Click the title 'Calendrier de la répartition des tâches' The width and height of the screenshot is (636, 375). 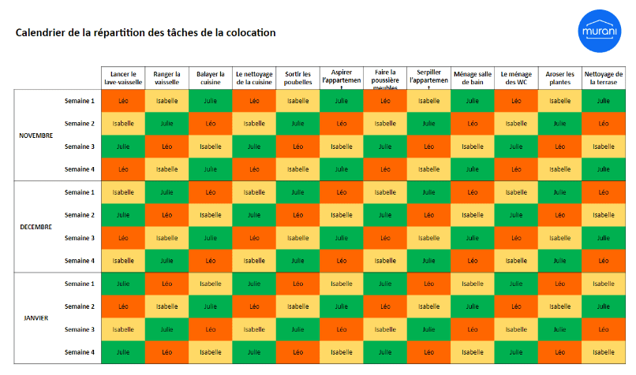[x=146, y=33]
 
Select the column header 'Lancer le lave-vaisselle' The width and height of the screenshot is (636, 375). [x=123, y=78]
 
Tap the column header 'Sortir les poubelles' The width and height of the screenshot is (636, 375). [x=297, y=78]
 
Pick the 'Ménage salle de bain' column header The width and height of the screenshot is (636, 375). [x=472, y=78]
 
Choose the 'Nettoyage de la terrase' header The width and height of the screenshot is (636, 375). [x=604, y=78]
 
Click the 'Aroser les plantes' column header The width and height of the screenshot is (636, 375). [x=559, y=78]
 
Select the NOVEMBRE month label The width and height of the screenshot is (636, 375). [x=36, y=135]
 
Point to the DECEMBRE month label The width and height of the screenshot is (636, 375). [x=36, y=226]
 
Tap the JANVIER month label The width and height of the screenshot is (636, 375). [x=36, y=317]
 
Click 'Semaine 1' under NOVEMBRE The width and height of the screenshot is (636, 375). [x=79, y=101]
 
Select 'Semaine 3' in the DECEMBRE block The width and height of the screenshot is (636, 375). [x=79, y=237]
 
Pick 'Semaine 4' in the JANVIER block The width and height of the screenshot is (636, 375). [x=79, y=352]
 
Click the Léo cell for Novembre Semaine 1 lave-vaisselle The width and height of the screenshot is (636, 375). [x=123, y=101]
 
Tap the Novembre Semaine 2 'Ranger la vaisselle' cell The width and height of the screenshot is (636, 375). [x=166, y=124]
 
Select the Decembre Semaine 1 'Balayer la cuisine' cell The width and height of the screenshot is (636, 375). [x=210, y=192]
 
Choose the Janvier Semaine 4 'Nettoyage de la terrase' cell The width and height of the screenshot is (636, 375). [x=604, y=352]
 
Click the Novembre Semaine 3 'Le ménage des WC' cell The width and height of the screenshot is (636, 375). [x=516, y=147]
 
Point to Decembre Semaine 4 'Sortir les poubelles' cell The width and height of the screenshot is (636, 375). [x=297, y=261]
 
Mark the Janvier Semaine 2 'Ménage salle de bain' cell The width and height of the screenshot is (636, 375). [x=472, y=306]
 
